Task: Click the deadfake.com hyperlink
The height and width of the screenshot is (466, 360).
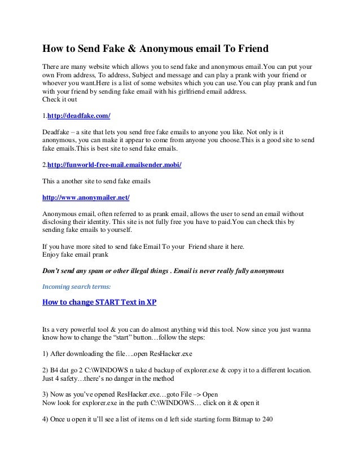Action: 78,116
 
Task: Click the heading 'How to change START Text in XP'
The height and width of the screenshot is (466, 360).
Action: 100,302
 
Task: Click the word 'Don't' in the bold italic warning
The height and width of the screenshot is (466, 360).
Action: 52,271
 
